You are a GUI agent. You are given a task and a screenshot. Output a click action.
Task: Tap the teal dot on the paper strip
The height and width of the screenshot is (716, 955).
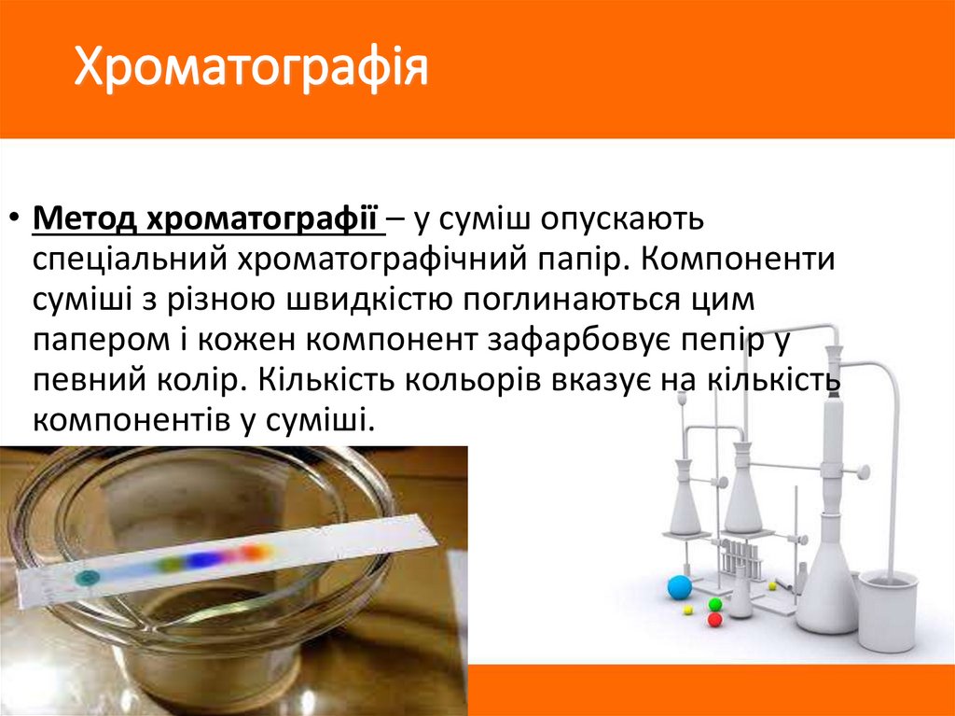tap(87, 577)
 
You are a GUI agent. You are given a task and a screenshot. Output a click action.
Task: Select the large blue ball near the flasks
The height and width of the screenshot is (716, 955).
tap(679, 587)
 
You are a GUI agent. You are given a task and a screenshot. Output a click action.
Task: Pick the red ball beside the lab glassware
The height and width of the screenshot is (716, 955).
tap(714, 619)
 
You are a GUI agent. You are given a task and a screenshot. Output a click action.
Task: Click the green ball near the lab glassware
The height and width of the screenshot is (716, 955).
tap(715, 604)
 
